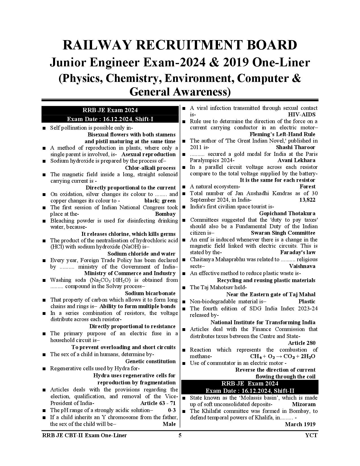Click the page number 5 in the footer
tap(180, 435)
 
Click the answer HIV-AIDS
tap(302, 114)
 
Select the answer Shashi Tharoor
tap(295, 147)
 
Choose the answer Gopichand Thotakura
tap(287, 213)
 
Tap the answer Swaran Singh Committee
tap(283, 233)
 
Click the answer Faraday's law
tap(298, 252)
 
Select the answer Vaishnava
tap(302, 266)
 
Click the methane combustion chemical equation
tap(283, 356)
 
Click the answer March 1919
tap(300, 424)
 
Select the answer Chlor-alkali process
tap(150, 168)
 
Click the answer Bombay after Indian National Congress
tap(165, 214)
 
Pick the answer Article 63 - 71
tap(158, 403)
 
